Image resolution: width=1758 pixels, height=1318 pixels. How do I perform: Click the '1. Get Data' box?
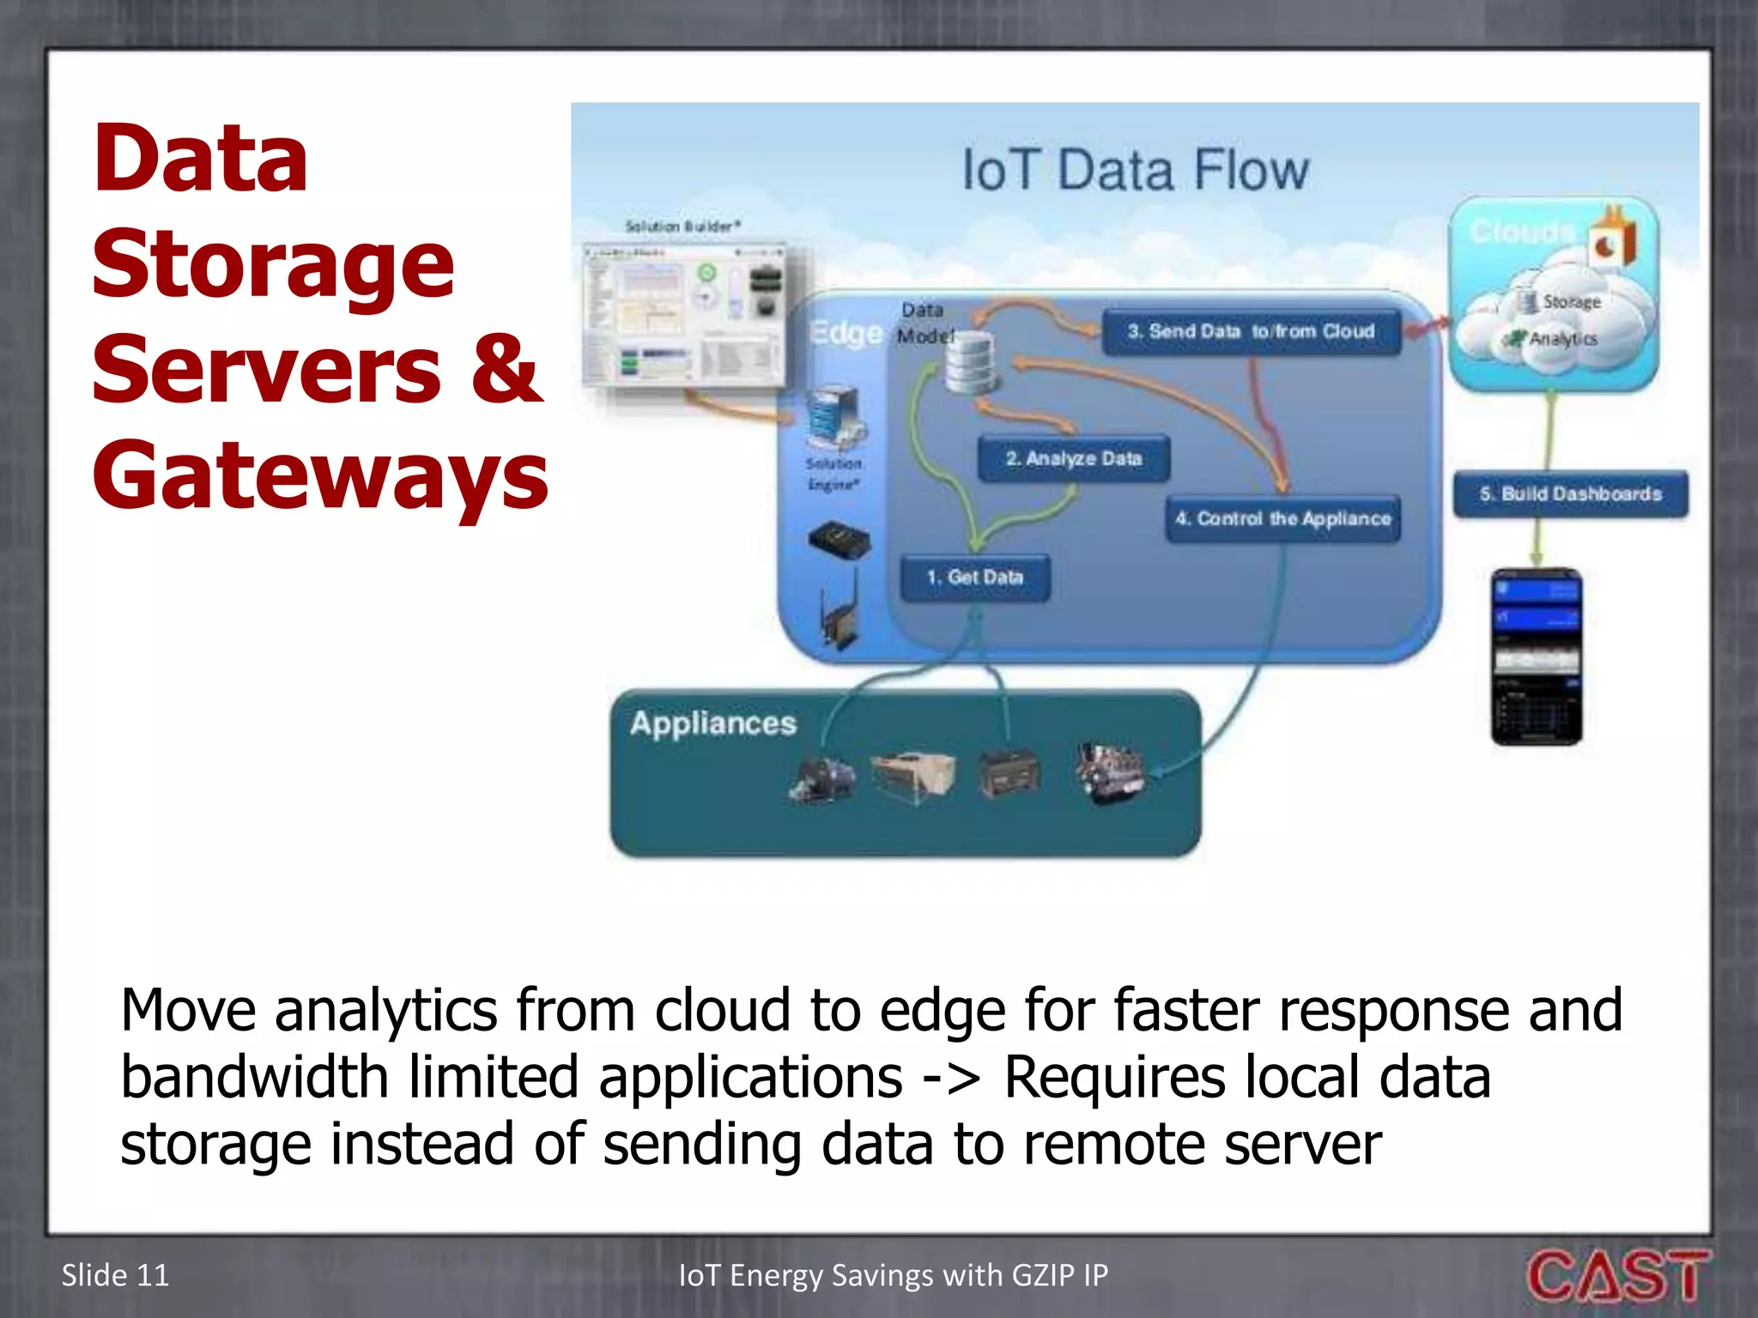coord(975,577)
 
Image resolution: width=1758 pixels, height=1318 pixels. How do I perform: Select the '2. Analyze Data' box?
coord(1074,459)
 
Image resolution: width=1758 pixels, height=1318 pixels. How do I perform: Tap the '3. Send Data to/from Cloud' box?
coord(1251,332)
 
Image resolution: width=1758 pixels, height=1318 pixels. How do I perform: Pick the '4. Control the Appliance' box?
coord(1282,518)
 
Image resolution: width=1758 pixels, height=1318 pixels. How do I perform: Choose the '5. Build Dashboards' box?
coord(1570,494)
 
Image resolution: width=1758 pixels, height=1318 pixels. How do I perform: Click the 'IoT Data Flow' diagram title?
coord(1135,170)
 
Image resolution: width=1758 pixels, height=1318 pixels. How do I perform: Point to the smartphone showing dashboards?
coord(1537,656)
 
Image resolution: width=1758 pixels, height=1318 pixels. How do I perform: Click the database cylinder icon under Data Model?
coord(970,364)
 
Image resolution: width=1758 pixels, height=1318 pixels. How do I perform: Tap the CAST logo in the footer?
coord(1617,1276)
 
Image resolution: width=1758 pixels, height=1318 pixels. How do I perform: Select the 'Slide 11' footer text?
coord(115,1275)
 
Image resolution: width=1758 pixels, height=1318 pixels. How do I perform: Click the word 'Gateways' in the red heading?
coord(319,475)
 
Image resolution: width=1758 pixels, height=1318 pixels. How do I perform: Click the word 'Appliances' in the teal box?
coord(712,723)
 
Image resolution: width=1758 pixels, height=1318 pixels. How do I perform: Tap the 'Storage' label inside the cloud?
coord(1571,302)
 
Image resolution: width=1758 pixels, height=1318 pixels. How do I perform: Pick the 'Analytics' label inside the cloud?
coord(1562,339)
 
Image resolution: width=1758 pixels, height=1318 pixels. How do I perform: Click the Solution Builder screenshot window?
coord(685,315)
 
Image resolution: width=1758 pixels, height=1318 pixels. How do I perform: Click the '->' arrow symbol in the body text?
coord(951,1077)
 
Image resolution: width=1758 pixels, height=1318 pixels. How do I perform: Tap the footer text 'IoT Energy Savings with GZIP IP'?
coord(893,1275)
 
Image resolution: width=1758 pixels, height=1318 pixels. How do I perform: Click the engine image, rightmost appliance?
coord(1110,772)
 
